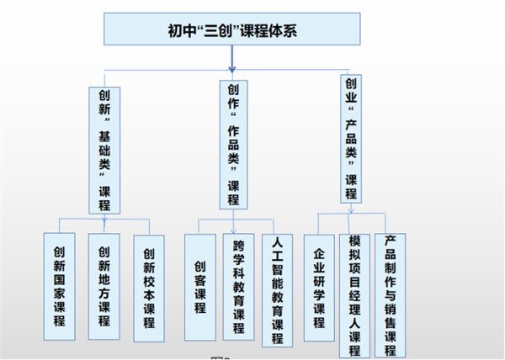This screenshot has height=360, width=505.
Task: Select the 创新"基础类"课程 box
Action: [x=104, y=147]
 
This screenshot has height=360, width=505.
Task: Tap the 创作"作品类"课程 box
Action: [x=233, y=143]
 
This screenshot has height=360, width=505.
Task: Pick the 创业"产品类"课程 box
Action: [x=351, y=137]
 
